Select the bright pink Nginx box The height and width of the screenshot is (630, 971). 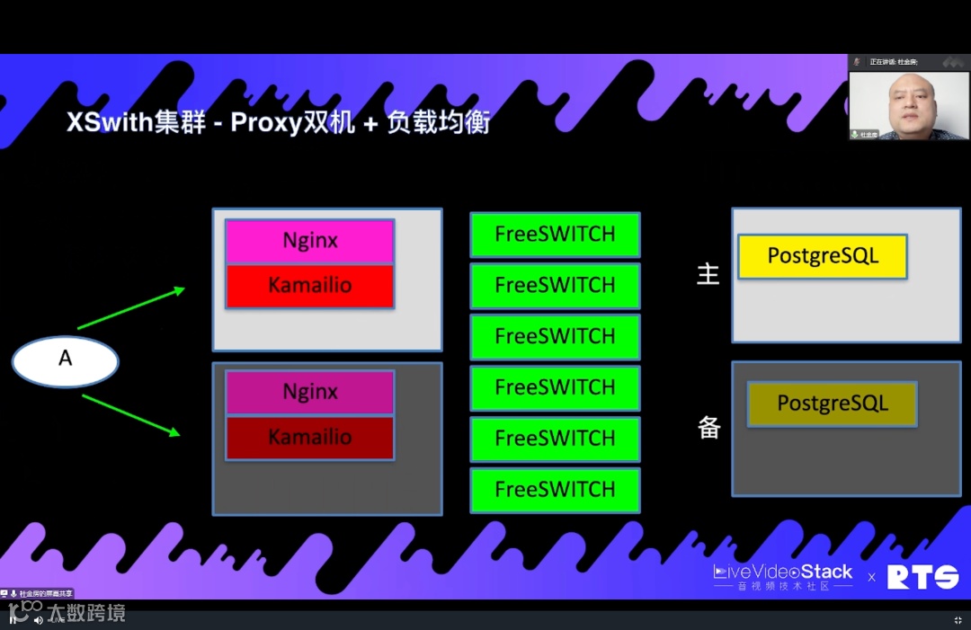tap(309, 241)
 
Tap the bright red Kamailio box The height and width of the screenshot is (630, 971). tap(309, 287)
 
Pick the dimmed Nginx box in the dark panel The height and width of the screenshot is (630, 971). tap(309, 393)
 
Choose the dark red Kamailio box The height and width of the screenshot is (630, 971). tap(309, 439)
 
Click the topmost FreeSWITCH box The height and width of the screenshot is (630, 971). tap(555, 235)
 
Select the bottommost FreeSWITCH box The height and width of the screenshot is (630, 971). tap(555, 490)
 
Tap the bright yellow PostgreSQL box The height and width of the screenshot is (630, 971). tap(822, 256)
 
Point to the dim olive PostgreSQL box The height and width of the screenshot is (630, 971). tap(832, 404)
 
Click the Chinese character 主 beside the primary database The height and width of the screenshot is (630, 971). tap(708, 274)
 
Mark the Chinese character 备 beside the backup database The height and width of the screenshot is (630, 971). tap(709, 428)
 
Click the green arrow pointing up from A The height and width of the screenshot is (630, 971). tap(131, 308)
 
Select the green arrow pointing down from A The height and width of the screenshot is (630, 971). tap(131, 415)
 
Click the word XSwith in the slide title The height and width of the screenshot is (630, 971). tap(111, 123)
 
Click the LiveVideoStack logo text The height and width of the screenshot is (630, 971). tap(783, 572)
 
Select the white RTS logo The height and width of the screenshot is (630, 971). tap(922, 577)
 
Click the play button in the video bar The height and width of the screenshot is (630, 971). tap(13, 619)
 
